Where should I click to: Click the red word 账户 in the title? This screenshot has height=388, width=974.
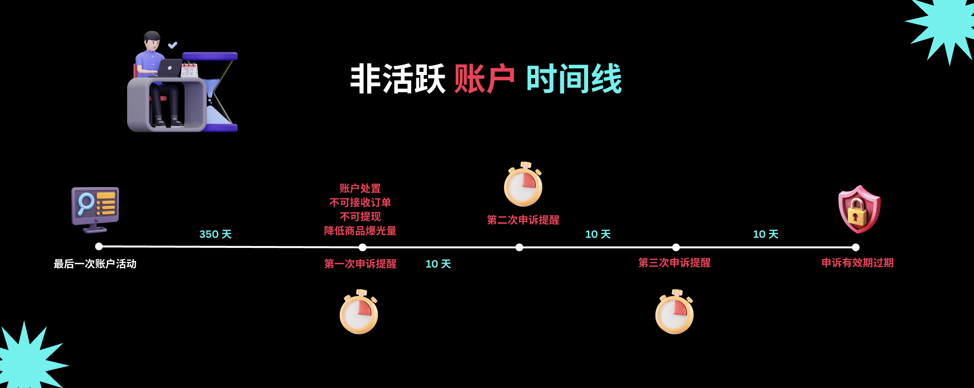point(484,79)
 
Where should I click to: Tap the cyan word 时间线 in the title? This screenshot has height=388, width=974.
point(574,79)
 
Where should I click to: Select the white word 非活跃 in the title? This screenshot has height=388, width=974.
point(397,79)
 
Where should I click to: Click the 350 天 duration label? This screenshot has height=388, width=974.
point(216,234)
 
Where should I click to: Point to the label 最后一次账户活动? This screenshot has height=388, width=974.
point(95,263)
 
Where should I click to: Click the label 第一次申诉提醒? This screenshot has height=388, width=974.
point(360,263)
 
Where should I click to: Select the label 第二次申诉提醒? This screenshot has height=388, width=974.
point(523,220)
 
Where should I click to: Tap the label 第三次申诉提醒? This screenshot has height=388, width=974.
point(674,262)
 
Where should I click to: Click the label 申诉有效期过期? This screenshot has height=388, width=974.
point(857,262)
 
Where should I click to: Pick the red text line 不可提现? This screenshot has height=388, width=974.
point(360,216)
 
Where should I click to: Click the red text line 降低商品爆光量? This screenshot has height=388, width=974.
point(360,231)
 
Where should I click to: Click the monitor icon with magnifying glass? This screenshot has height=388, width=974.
point(95,209)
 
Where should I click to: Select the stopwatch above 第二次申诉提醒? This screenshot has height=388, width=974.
point(523,185)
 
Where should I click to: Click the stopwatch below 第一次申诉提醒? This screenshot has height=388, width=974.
point(359,312)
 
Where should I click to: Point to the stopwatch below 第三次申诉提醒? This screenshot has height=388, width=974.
point(674,312)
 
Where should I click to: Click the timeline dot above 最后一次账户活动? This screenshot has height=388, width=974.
point(99,246)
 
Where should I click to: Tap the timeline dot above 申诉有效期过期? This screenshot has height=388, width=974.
point(856,247)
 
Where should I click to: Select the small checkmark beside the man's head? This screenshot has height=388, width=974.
point(172,45)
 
